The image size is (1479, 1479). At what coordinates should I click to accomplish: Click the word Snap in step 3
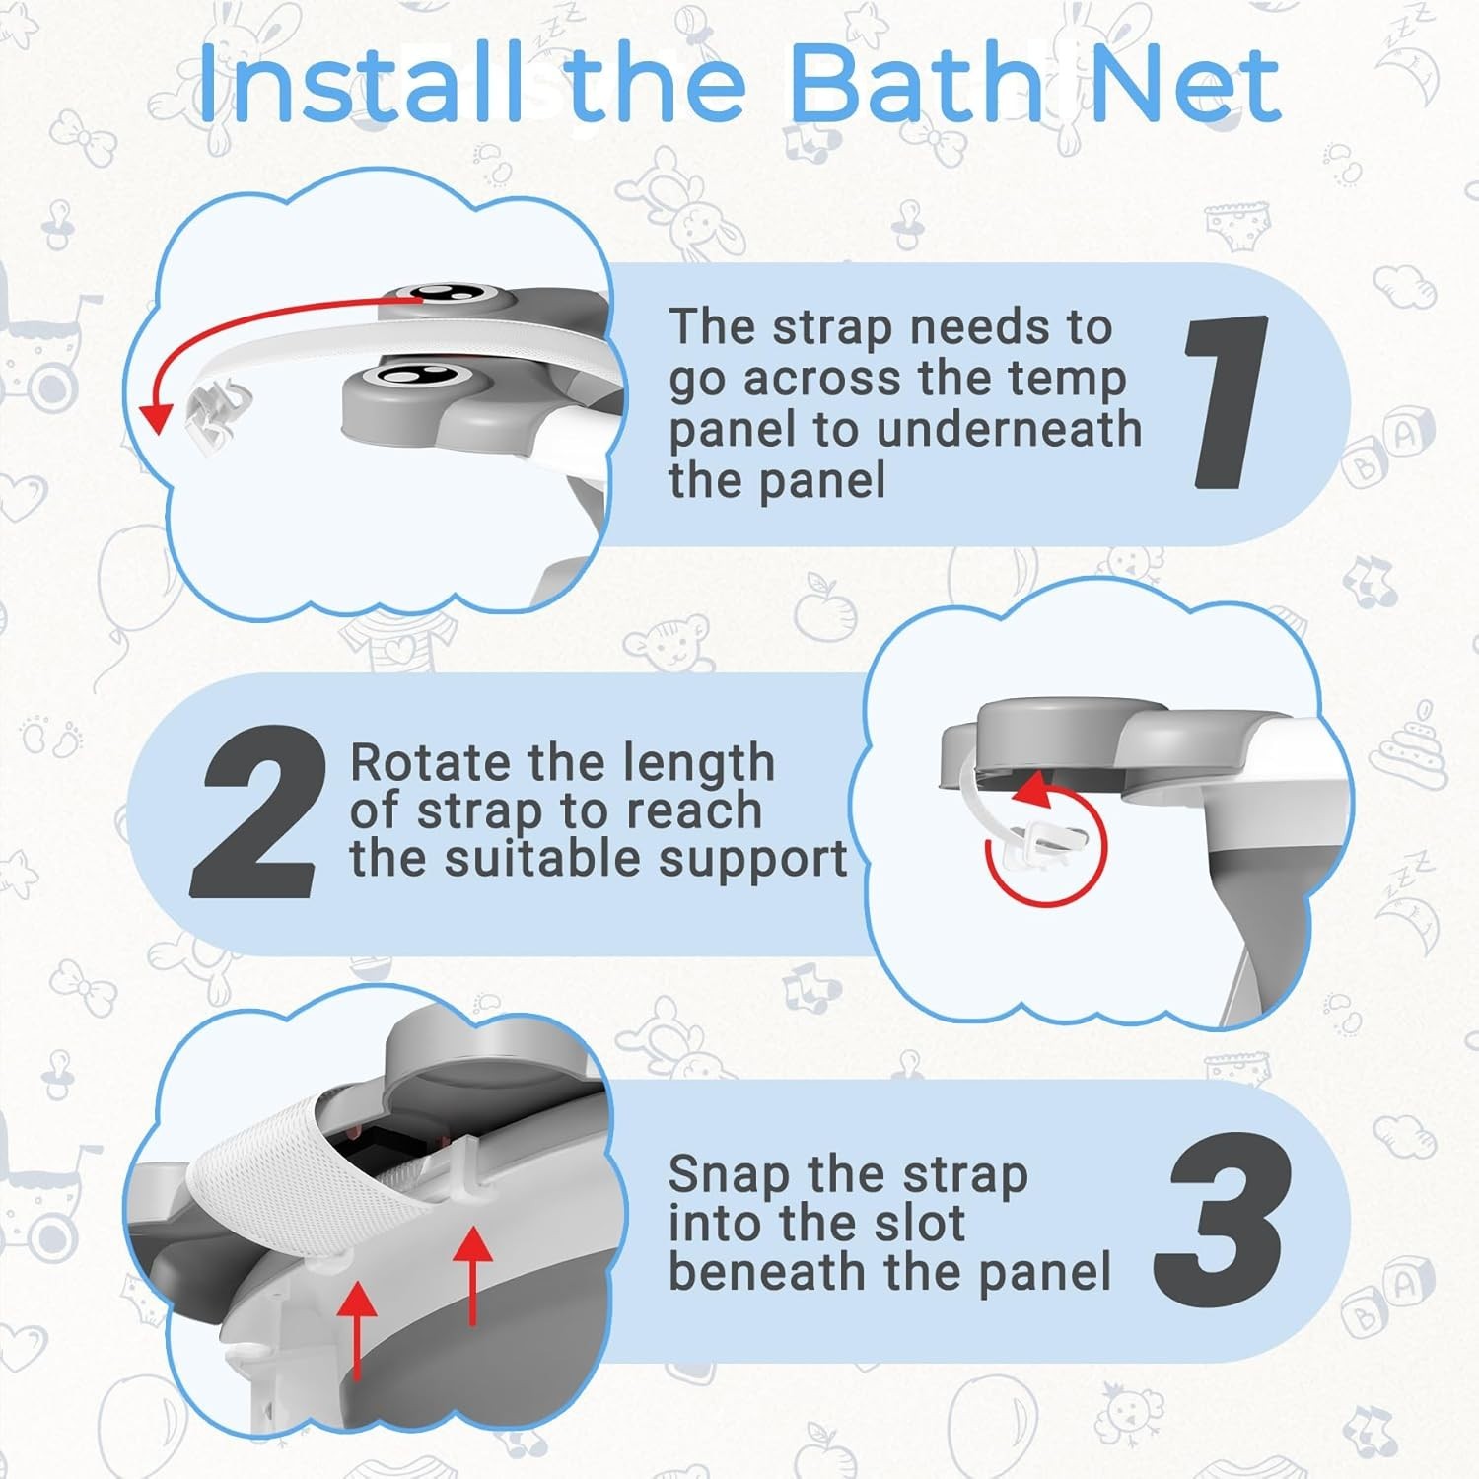[x=728, y=1174]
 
